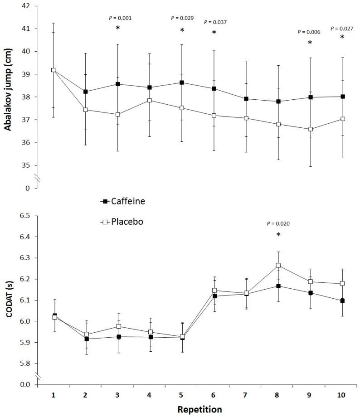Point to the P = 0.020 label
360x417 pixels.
[278, 223]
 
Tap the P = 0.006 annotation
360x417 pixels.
[309, 32]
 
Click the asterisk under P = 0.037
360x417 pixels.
[214, 33]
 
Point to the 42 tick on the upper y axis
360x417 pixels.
[26, 6]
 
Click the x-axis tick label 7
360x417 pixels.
[246, 395]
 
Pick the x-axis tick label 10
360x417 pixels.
[341, 395]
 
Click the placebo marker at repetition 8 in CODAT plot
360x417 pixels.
[278, 266]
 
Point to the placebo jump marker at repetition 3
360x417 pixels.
[117, 114]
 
